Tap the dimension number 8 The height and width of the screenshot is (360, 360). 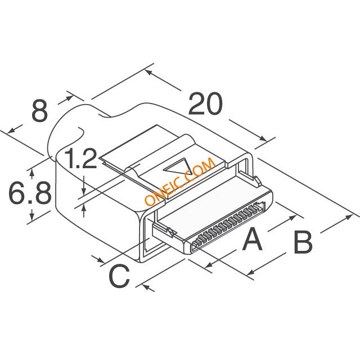click(x=39, y=111)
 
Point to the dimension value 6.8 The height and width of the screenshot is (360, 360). click(x=29, y=193)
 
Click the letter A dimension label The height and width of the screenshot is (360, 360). click(x=252, y=241)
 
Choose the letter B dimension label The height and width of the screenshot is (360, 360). click(x=303, y=243)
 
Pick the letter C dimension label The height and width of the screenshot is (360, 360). click(x=119, y=277)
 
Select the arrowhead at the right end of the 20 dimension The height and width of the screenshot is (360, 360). click(x=264, y=138)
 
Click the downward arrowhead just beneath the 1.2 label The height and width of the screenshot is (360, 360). click(x=84, y=186)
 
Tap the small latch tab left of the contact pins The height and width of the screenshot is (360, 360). click(x=168, y=231)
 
